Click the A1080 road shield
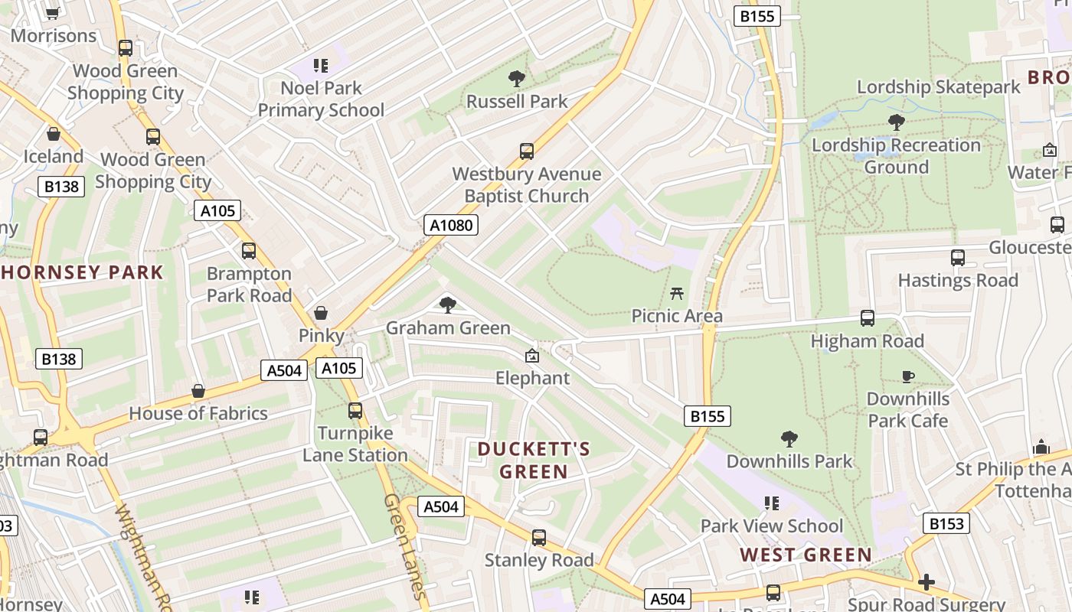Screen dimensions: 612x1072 (x=451, y=225)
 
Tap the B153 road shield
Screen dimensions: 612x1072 (x=946, y=523)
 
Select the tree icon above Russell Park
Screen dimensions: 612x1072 (x=517, y=78)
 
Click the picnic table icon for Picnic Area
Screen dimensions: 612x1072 (x=676, y=292)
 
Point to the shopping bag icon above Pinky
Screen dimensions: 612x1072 (x=321, y=313)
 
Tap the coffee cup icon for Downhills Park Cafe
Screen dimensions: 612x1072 (x=908, y=376)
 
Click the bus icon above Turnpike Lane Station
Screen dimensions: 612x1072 (x=355, y=410)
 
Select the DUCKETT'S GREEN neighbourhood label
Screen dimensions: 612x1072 (x=534, y=460)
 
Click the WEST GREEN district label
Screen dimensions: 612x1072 (x=806, y=555)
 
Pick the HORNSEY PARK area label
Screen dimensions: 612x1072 (x=82, y=272)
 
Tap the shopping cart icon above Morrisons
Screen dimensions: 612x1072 (x=53, y=13)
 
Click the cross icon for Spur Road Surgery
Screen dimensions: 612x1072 (x=927, y=582)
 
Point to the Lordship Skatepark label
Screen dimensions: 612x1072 (x=938, y=87)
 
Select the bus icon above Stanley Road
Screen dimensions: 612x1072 (x=539, y=538)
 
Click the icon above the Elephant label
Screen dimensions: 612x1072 (x=532, y=356)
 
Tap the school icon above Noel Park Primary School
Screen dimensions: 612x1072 (x=321, y=66)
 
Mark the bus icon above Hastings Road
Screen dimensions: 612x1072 (x=958, y=258)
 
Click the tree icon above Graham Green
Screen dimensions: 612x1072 (x=448, y=305)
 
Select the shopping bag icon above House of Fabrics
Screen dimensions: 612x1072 (x=198, y=391)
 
